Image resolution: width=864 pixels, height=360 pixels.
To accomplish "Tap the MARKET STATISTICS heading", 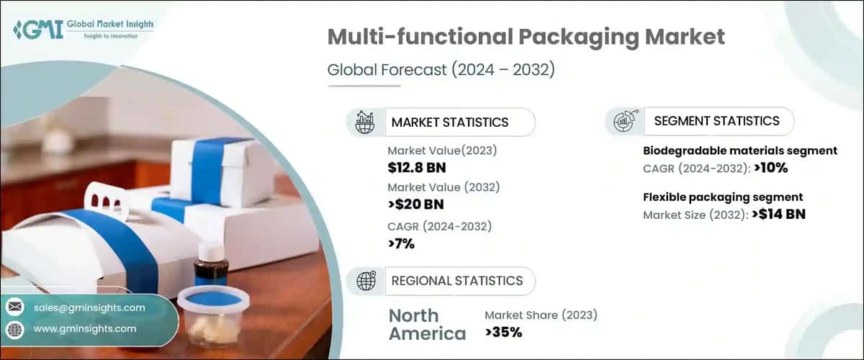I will pyautogui.click(x=450, y=122).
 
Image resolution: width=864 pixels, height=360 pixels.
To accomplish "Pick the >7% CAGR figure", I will pyautogui.click(x=401, y=243).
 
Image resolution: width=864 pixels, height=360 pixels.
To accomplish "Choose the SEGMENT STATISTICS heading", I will pyautogui.click(x=716, y=121).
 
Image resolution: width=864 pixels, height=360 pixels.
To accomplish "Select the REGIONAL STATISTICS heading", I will pyautogui.click(x=457, y=281).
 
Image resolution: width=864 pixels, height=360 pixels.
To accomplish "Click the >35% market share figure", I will pyautogui.click(x=503, y=332).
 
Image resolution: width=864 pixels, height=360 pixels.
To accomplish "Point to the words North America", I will pyautogui.click(x=427, y=325).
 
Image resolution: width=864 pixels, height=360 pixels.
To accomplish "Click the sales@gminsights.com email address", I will pyautogui.click(x=89, y=307).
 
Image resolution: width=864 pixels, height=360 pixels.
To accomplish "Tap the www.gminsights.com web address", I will pyautogui.click(x=85, y=328).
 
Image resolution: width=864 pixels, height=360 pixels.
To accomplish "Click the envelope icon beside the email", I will pyautogui.click(x=14, y=307).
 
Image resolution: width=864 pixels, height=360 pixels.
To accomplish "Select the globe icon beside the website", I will pyautogui.click(x=14, y=329).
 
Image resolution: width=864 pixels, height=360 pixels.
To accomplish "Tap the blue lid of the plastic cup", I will pyautogui.click(x=207, y=297).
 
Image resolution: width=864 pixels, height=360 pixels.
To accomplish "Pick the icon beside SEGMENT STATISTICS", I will pyautogui.click(x=624, y=121).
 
